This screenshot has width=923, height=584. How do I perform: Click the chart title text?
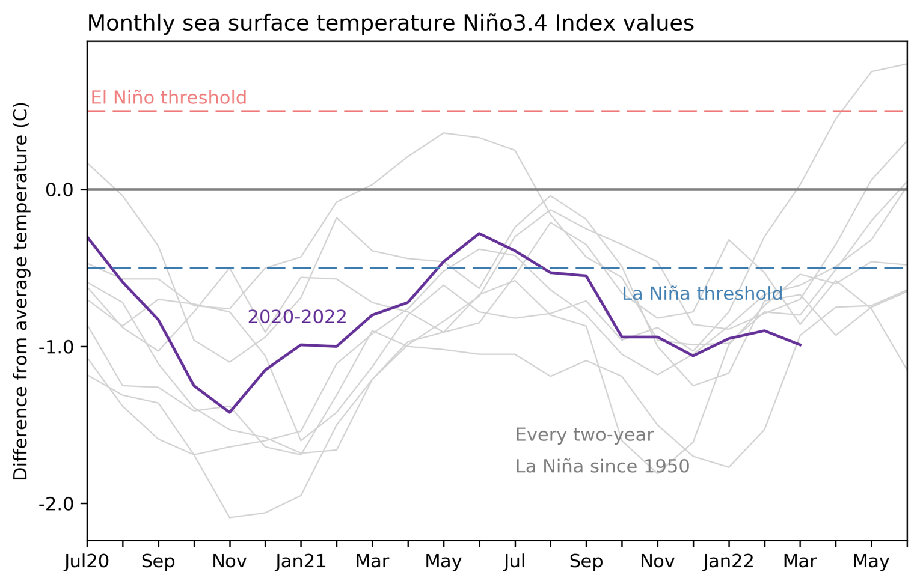pyautogui.click(x=390, y=23)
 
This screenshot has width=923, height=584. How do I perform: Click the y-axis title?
pyautogui.click(x=20, y=291)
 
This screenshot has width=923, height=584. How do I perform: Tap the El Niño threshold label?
pyautogui.click(x=168, y=97)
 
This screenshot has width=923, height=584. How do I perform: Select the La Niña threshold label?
pyautogui.click(x=702, y=294)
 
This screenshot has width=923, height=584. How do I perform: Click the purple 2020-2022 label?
pyautogui.click(x=297, y=317)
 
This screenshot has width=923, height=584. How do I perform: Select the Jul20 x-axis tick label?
pyautogui.click(x=87, y=562)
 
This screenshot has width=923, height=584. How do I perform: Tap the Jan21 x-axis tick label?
pyautogui.click(x=301, y=562)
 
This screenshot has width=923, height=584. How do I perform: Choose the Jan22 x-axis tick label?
pyautogui.click(x=729, y=562)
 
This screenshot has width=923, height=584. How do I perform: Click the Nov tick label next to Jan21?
pyautogui.click(x=230, y=562)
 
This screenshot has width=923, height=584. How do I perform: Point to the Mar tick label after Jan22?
pyautogui.click(x=800, y=562)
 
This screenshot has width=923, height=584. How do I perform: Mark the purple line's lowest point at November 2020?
pyautogui.click(x=230, y=412)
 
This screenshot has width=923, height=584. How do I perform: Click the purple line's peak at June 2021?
pyautogui.click(x=479, y=233)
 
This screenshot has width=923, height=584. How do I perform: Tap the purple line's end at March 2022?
pyautogui.click(x=800, y=345)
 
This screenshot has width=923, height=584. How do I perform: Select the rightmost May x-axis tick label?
pyautogui.click(x=871, y=562)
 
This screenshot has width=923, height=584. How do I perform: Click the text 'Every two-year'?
pyautogui.click(x=584, y=435)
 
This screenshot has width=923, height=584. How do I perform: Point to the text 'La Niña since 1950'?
pyautogui.click(x=602, y=466)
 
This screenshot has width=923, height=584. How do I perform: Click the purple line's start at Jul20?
pyautogui.click(x=88, y=237)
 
